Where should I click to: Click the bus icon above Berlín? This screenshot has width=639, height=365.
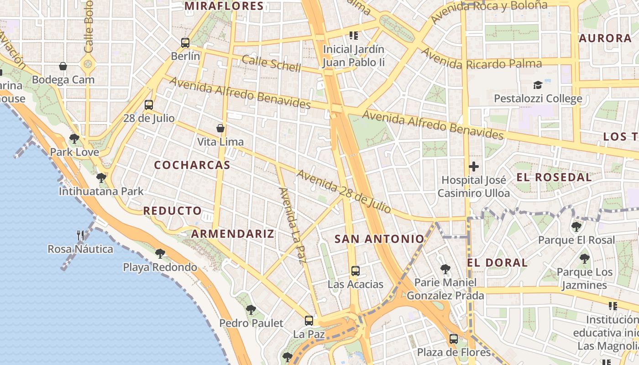point(185,43)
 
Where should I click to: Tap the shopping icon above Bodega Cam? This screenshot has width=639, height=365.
point(63,67)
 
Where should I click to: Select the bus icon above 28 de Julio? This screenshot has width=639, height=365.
point(149,105)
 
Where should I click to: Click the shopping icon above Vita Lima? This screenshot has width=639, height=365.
point(220,129)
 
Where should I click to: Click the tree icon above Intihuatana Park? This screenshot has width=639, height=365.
point(101,178)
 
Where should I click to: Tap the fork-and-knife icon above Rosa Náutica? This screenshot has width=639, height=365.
point(81,235)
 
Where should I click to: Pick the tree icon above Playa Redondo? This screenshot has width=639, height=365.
point(160,254)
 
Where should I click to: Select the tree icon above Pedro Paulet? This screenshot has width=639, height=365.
point(251,310)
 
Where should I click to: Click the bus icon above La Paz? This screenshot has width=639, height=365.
point(309,321)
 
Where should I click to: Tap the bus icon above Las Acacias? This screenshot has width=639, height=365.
point(356,271)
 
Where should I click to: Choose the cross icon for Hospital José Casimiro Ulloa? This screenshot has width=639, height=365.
point(474,167)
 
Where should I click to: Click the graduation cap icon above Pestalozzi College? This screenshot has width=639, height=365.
point(538,85)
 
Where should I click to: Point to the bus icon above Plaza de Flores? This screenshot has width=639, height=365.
point(454,339)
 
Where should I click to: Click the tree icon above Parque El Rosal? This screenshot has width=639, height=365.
point(576,226)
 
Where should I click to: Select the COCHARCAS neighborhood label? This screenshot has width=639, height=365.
point(192,165)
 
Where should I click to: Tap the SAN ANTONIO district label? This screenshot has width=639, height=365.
point(379,239)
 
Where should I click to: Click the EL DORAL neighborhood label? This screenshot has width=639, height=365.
point(497,263)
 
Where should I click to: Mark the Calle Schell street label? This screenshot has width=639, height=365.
point(271,63)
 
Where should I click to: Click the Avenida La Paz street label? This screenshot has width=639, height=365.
point(292,225)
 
